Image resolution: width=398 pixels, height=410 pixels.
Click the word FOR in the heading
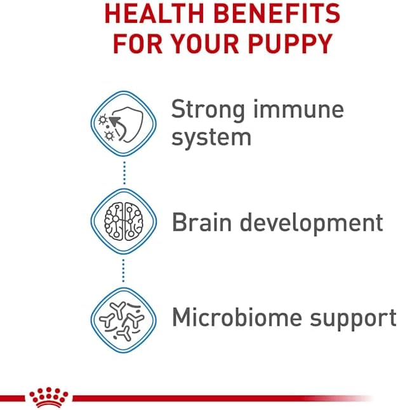136,43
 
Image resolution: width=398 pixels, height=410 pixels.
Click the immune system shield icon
124,123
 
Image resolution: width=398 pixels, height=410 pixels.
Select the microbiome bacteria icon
124,316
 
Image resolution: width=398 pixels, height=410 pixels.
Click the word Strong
209,110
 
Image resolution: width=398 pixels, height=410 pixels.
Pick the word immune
299,110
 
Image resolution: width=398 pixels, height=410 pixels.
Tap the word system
211,138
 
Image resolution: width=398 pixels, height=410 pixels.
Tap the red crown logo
48,397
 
